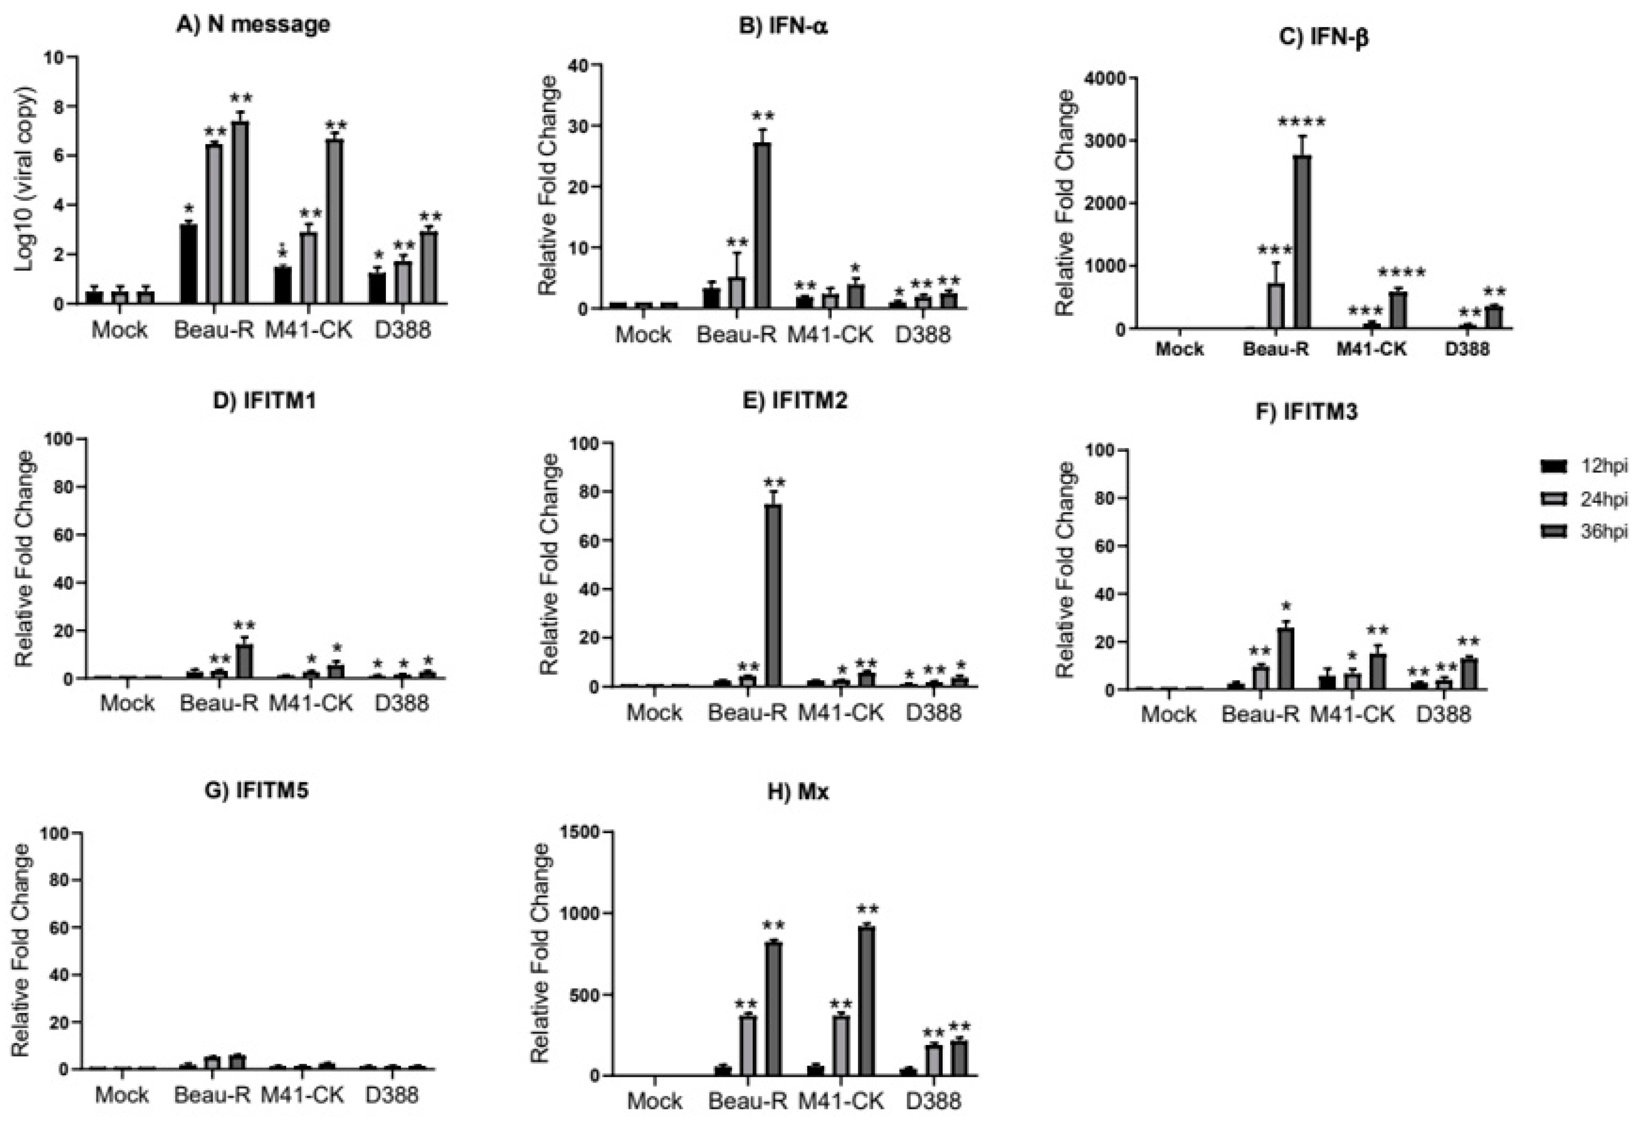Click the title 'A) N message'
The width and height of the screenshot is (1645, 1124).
coord(253,24)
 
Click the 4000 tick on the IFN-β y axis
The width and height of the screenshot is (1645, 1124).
coord(1103,79)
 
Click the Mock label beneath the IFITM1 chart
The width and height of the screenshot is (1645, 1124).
coord(127,704)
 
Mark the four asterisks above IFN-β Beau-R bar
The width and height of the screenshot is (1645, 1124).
coord(1301,123)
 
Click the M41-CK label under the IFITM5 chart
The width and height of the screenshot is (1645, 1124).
coord(302,1096)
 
